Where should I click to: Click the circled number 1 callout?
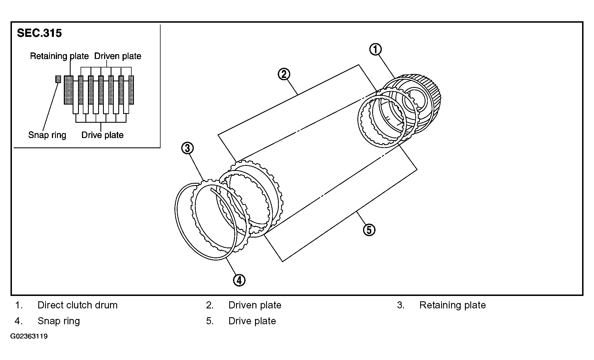(x=375, y=49)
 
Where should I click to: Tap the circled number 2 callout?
(x=284, y=74)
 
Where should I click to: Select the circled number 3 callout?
(x=188, y=148)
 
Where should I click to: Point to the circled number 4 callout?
(x=239, y=280)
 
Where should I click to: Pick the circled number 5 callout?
(x=369, y=230)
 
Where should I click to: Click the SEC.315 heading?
(x=39, y=33)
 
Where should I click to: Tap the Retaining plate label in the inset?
(x=59, y=56)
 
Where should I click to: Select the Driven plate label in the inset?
(x=118, y=56)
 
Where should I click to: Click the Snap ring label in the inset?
(x=47, y=135)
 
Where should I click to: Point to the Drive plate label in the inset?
(x=102, y=135)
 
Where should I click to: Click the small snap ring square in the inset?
(x=58, y=79)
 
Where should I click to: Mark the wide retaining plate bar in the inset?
(x=68, y=90)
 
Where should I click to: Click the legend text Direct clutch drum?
(x=77, y=305)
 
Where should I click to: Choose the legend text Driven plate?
(x=255, y=305)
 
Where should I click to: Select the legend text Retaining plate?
(x=452, y=305)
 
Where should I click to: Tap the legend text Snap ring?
(x=59, y=321)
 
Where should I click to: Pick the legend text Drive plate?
(x=252, y=321)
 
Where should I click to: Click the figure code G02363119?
(x=29, y=336)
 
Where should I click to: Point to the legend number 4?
(x=18, y=321)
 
